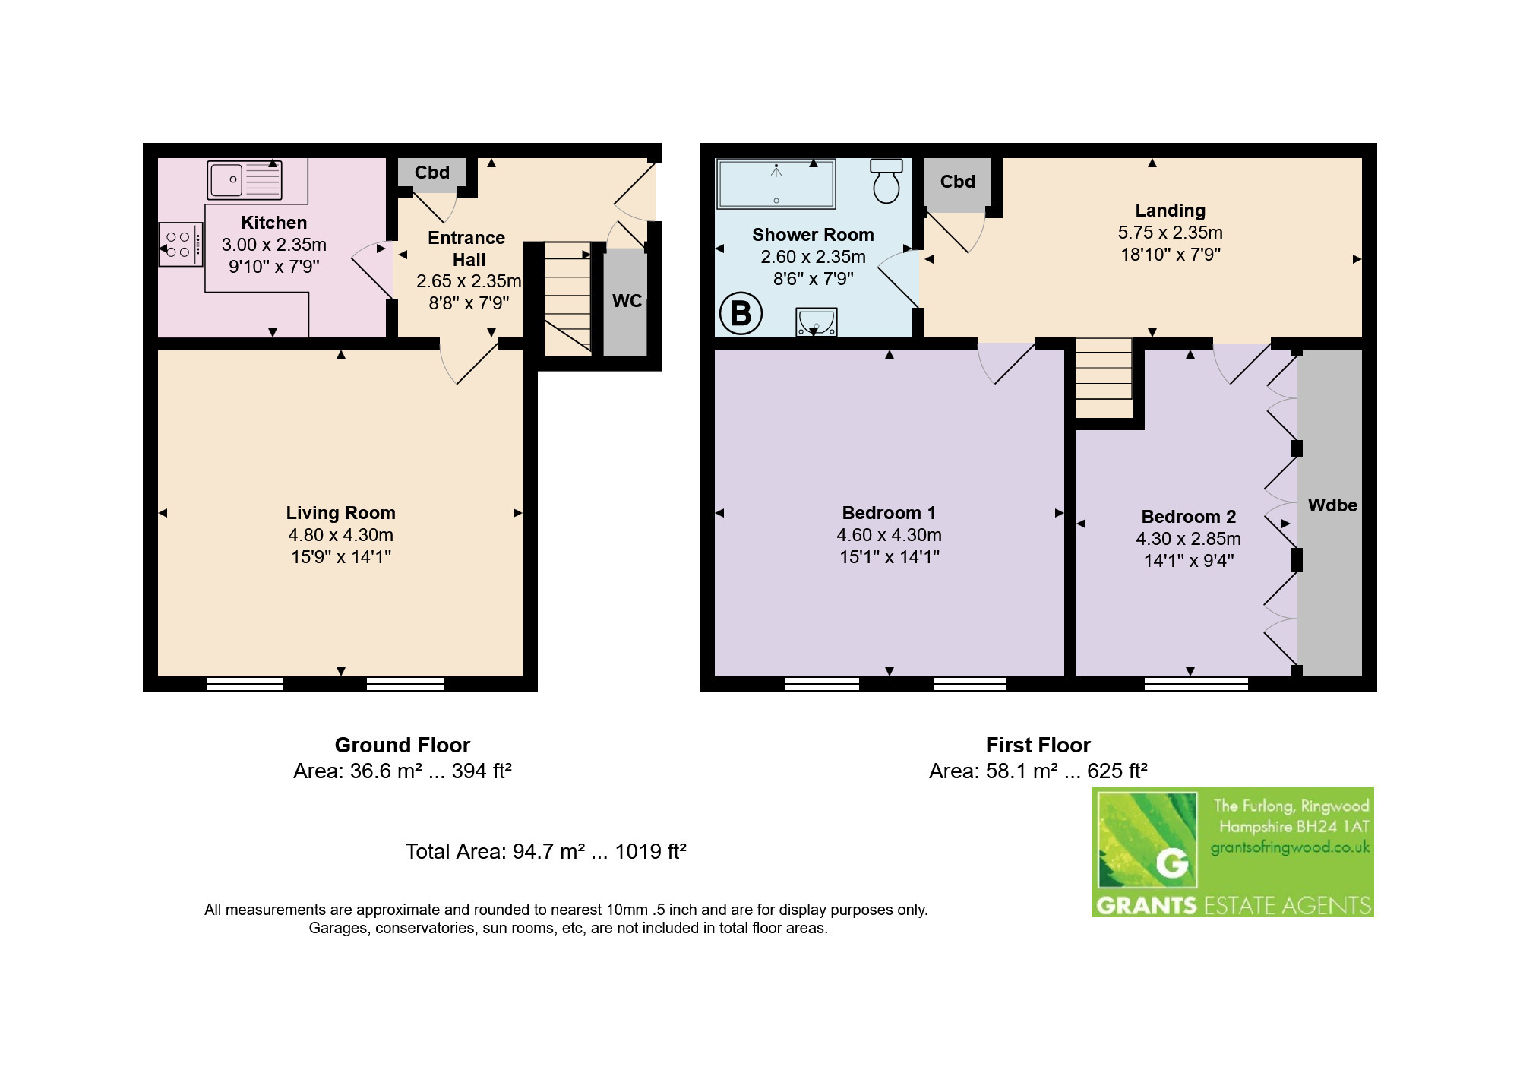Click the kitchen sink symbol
coord(244,180)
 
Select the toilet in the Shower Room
coord(886,181)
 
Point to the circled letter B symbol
coord(741,313)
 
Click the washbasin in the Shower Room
coord(817,321)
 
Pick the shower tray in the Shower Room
coord(776,183)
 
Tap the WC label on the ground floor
coord(627,301)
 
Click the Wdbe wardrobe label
coord(1332,505)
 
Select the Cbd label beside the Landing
coord(957,182)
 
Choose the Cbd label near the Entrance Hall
coord(431,173)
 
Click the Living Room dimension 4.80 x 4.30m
coord(340,535)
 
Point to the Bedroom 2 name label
coord(1189,517)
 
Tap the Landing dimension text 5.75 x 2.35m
coord(1170,233)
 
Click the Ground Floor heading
coord(403,745)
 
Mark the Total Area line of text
coord(545,851)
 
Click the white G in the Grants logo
coord(1172,863)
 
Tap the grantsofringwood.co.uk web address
coord(1290,847)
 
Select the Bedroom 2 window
coord(1196,684)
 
